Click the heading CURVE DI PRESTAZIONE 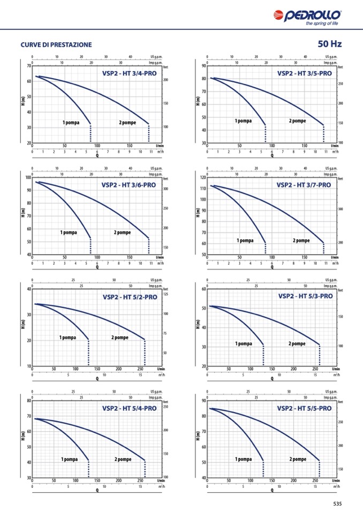pyautogui.click(x=56, y=45)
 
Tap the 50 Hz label pyautogui.click(x=329, y=44)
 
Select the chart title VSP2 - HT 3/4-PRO pyautogui.click(x=129, y=73)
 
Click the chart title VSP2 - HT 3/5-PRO pyautogui.click(x=304, y=73)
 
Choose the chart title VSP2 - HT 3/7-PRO pyautogui.click(x=304, y=185)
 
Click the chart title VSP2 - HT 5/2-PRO pyautogui.click(x=130, y=297)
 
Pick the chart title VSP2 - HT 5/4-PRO pyautogui.click(x=129, y=408)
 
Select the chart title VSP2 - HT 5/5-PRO pyautogui.click(x=304, y=408)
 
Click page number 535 pyautogui.click(x=337, y=503)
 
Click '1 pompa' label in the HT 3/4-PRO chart pyautogui.click(x=71, y=123)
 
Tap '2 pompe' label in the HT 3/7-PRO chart pyautogui.click(x=301, y=241)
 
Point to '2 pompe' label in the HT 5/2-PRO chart pyautogui.click(x=120, y=338)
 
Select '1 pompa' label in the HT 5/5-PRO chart pyautogui.click(x=243, y=459)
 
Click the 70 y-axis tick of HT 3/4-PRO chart pyautogui.click(x=28, y=66)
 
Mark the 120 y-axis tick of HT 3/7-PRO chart pyautogui.click(x=202, y=178)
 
